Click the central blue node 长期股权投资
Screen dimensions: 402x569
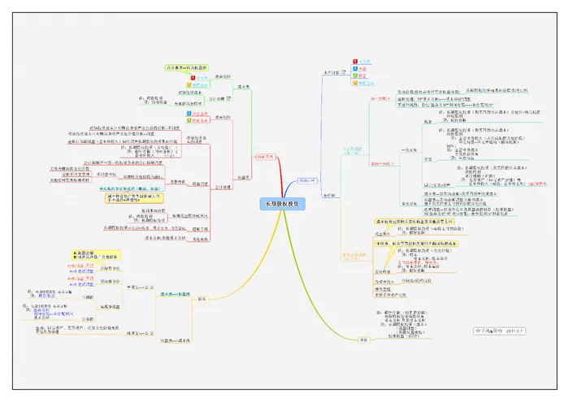[x=283, y=204]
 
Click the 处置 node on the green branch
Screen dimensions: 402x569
[x=363, y=339]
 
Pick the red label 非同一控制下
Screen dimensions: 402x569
[x=383, y=162]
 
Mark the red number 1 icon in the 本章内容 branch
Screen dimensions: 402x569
[x=354, y=61]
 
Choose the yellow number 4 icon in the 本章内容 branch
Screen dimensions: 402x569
[x=354, y=83]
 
